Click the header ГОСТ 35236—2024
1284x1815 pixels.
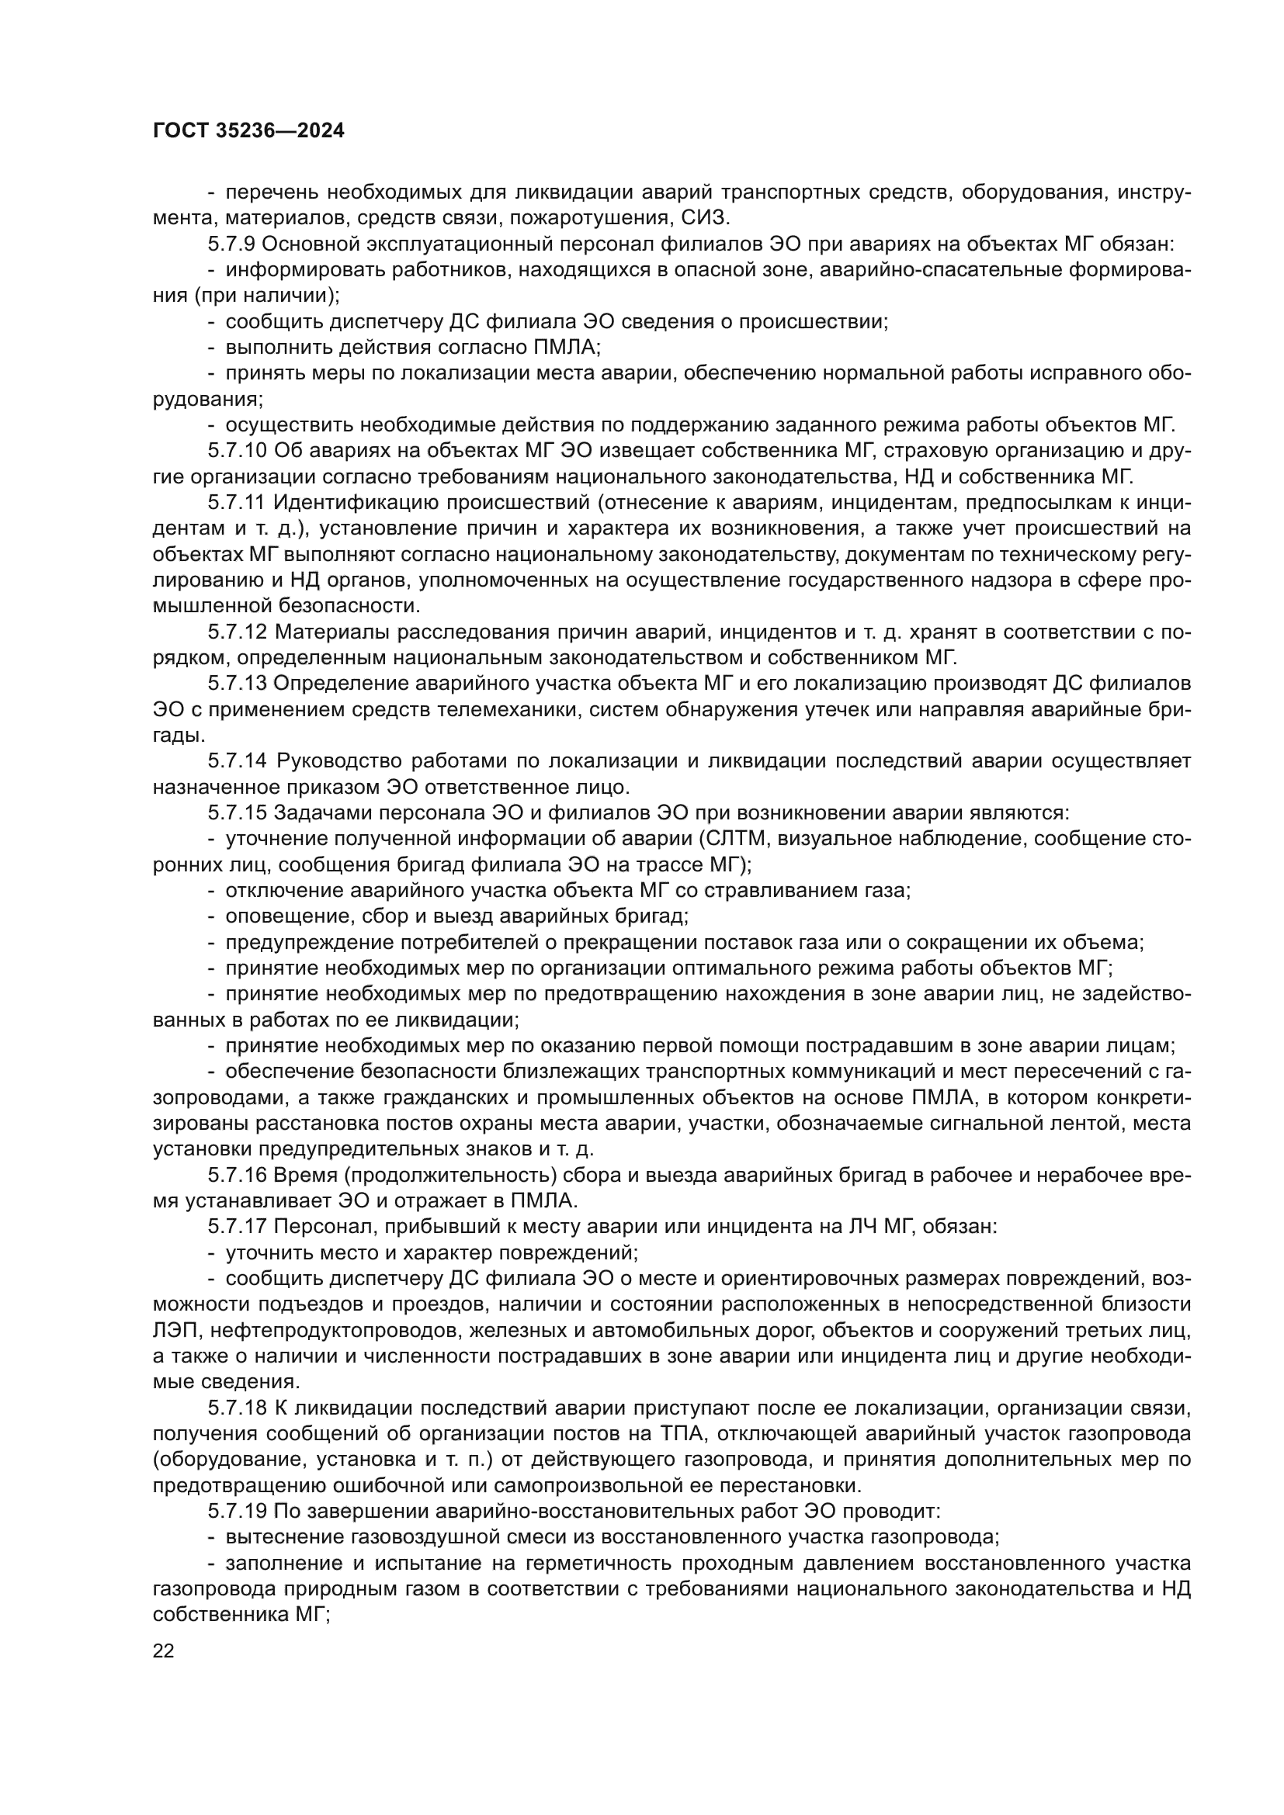[248, 131]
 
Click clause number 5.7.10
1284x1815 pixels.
[238, 452]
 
